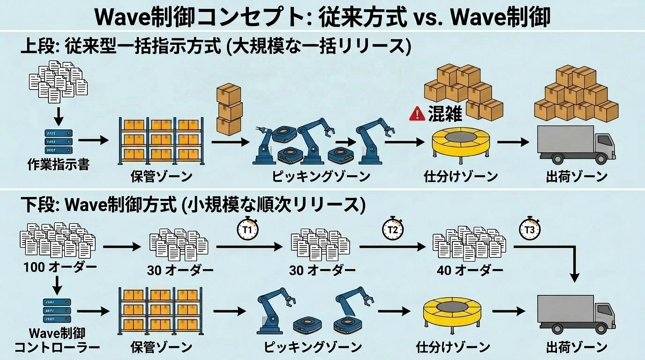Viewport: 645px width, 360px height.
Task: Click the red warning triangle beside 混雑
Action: [x=417, y=114]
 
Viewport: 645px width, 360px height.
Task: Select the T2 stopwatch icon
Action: [x=393, y=229]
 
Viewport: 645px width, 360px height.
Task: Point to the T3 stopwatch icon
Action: [x=531, y=229]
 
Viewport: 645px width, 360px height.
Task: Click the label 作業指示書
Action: [x=58, y=165]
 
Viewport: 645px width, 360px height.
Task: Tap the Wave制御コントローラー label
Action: [x=57, y=340]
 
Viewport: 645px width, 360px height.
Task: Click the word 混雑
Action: [x=445, y=114]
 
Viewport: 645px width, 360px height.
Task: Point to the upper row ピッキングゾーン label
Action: [x=321, y=177]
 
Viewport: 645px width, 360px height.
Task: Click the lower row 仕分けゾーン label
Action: [x=453, y=347]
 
